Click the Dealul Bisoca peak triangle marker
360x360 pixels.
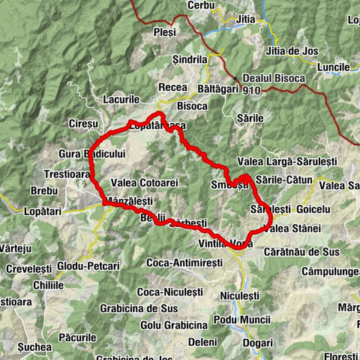(x=236, y=77)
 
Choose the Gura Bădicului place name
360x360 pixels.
(x=90, y=154)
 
